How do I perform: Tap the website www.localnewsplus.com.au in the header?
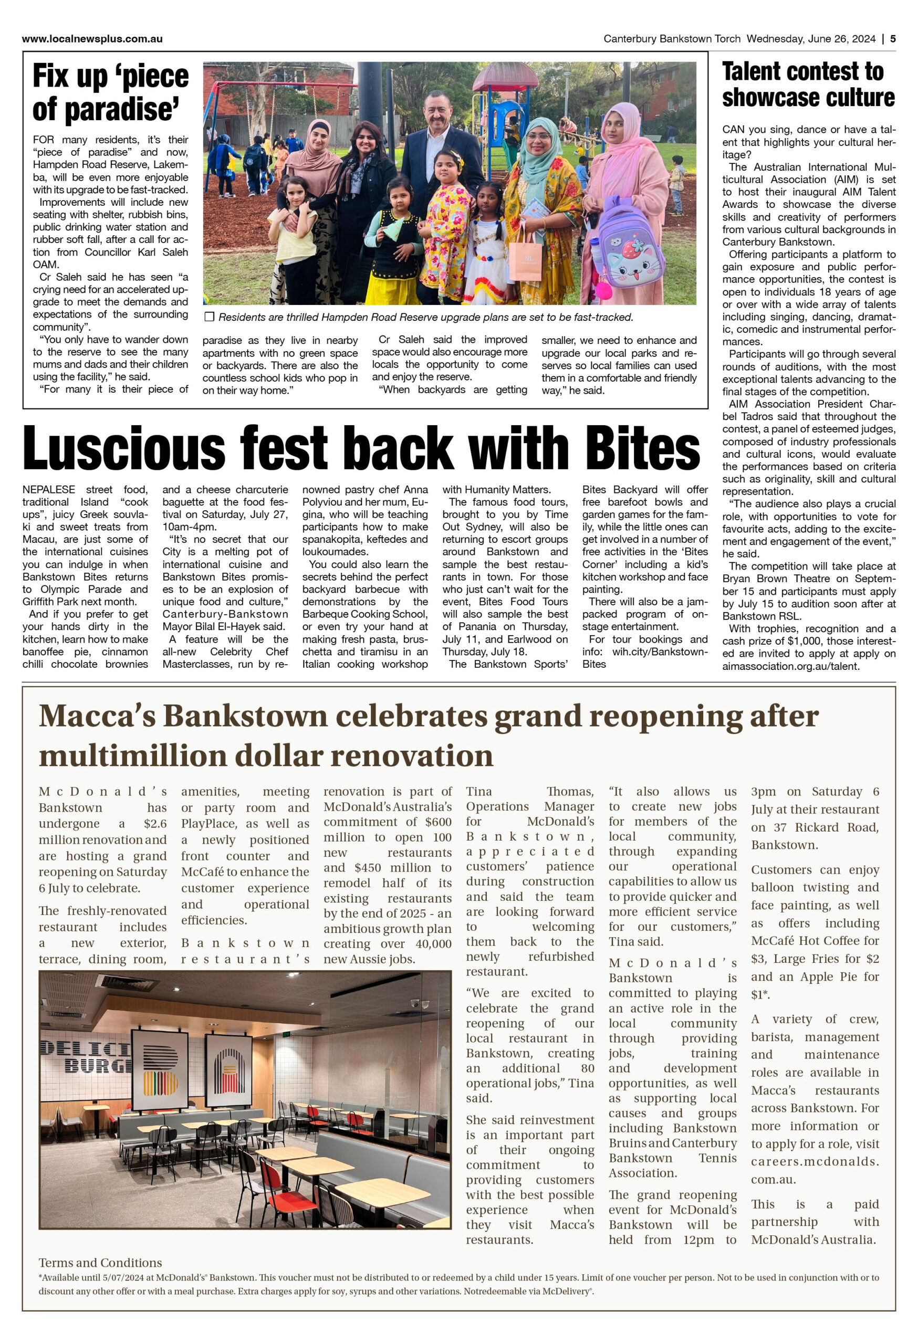[92, 39]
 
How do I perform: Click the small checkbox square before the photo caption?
[210, 317]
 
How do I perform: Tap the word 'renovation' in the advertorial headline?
[423, 755]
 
